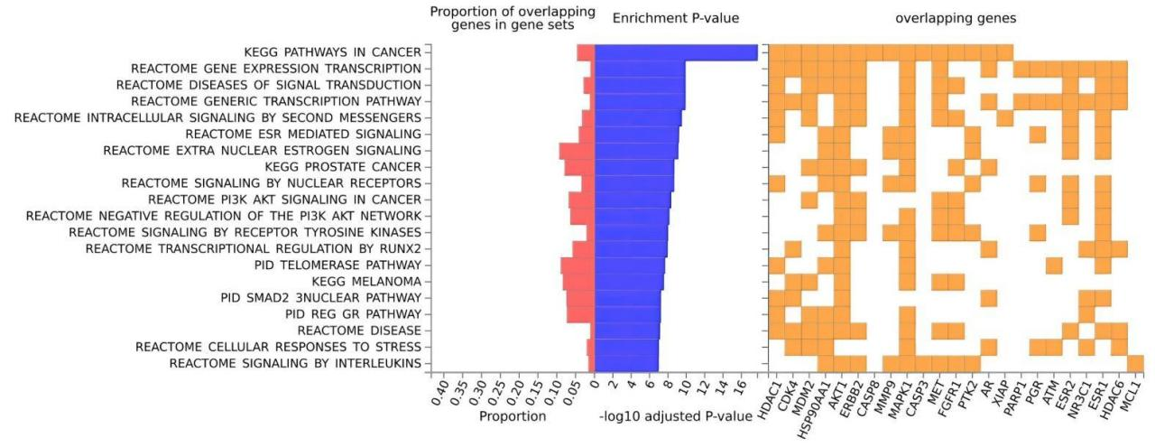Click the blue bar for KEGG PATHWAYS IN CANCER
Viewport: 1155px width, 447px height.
676,52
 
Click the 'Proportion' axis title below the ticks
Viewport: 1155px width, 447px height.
513,417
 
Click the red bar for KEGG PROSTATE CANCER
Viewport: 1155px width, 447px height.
579,167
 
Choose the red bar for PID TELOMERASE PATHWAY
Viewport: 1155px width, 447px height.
577,265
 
